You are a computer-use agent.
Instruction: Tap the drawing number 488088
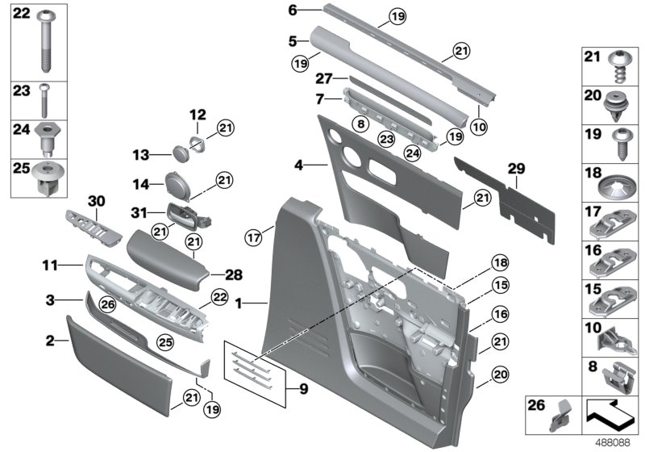pos(615,443)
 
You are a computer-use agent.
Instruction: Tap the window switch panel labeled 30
pos(93,229)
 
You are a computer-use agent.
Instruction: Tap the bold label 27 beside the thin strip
pos(323,79)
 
